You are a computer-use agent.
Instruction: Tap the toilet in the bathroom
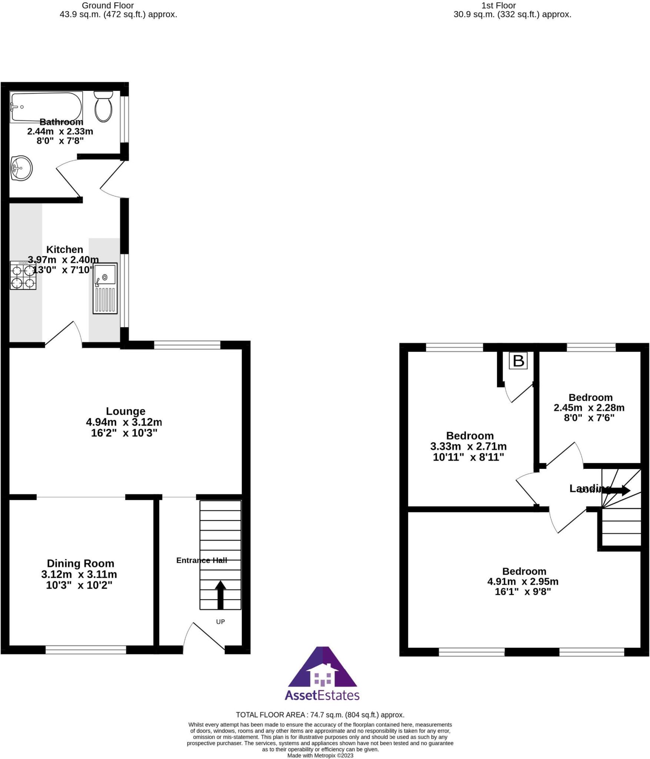coord(103,106)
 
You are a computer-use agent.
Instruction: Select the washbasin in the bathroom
coord(21,168)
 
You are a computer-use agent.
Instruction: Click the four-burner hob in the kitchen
coord(23,275)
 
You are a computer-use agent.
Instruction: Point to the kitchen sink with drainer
coord(105,288)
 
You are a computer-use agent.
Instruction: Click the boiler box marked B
coord(518,361)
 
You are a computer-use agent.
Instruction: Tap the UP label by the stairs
coord(220,622)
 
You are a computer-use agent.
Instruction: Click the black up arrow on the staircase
coord(220,594)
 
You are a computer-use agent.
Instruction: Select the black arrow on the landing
coord(619,491)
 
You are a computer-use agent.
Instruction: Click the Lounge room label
coord(126,411)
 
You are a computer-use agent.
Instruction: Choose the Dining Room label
coord(80,563)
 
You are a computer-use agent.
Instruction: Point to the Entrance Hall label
coord(201,560)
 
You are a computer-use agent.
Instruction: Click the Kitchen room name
coord(64,249)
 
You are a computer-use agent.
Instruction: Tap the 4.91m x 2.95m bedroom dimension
coord(523,581)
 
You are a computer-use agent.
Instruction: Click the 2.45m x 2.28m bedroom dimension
coord(589,408)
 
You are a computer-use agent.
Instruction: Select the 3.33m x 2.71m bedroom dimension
coord(468,446)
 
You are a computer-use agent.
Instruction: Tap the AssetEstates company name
coord(322,695)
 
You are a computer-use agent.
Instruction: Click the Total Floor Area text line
coord(320,715)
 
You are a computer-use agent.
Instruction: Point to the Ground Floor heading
coord(108,6)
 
